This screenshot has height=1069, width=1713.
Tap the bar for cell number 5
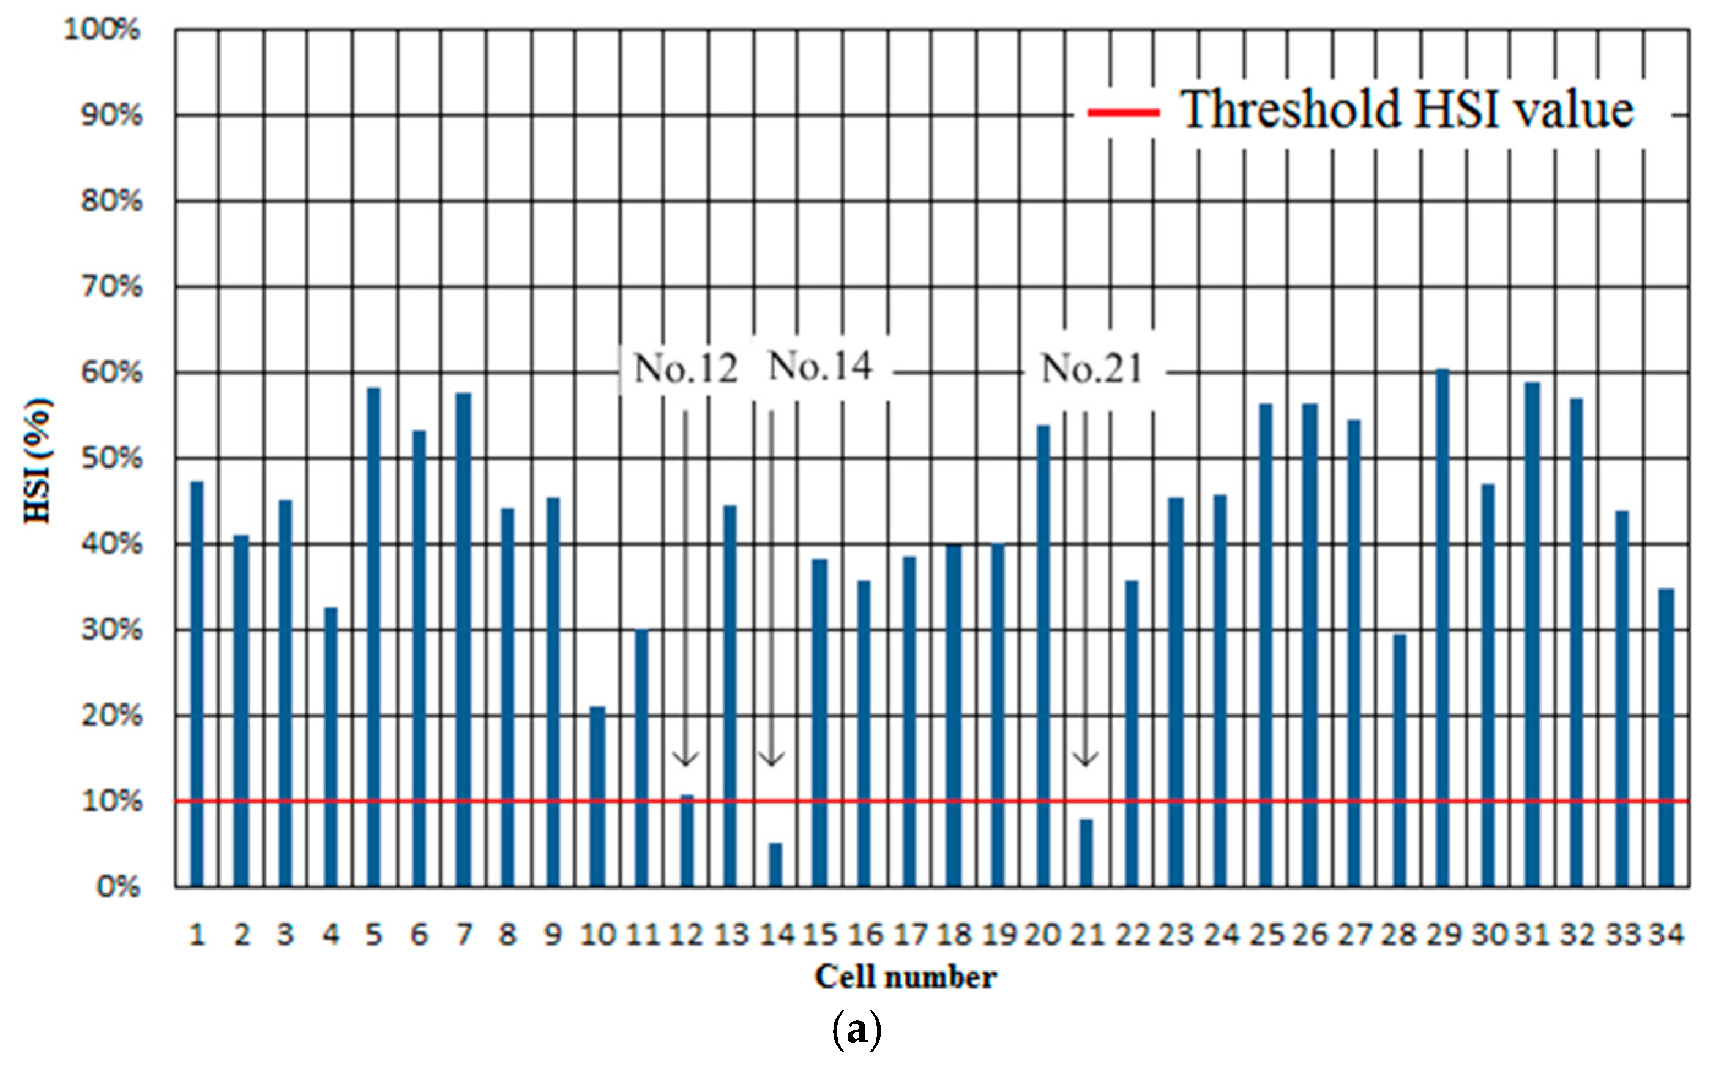[x=374, y=636]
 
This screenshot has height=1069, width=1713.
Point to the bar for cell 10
[x=597, y=796]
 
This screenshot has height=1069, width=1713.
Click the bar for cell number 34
[x=1666, y=737]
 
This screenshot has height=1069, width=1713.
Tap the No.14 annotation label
[x=819, y=366]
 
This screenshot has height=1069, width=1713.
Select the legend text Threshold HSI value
[x=1407, y=110]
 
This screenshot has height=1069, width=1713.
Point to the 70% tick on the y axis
[x=111, y=287]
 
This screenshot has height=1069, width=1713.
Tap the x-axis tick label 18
[x=954, y=935]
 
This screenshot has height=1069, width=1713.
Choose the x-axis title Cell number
[x=905, y=977]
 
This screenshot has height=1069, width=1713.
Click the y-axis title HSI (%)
[x=38, y=461]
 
